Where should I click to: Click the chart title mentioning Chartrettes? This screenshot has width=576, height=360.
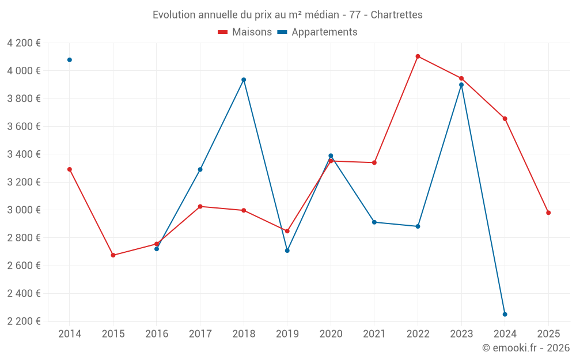click(287, 14)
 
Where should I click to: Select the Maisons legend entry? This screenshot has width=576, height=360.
click(245, 32)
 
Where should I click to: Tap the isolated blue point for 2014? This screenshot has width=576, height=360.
click(70, 60)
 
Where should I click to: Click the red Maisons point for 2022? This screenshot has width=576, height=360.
click(418, 56)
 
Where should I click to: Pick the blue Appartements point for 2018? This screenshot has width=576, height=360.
click(244, 79)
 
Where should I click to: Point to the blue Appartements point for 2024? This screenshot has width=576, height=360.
click(505, 314)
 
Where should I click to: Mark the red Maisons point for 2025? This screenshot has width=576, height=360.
click(548, 213)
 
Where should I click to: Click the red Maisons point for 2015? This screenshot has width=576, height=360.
click(113, 255)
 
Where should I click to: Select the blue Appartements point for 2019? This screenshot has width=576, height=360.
click(287, 251)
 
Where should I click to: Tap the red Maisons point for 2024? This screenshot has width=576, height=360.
click(505, 119)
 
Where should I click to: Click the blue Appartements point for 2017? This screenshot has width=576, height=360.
click(200, 169)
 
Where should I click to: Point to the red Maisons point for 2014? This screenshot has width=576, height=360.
click(70, 169)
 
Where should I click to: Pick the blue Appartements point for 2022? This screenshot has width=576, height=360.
click(418, 226)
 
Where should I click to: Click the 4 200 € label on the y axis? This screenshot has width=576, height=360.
click(24, 43)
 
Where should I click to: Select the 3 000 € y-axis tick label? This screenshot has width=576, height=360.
click(24, 210)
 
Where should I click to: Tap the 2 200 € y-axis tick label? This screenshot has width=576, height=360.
click(24, 321)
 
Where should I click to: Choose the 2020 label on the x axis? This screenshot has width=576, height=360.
click(331, 334)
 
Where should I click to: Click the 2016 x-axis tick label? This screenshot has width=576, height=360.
click(157, 334)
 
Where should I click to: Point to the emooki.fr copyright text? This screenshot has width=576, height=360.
click(525, 348)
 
